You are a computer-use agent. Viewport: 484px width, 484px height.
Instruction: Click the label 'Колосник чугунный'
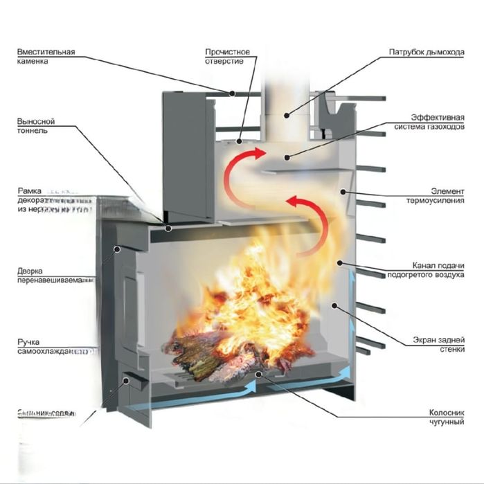(x=445, y=416)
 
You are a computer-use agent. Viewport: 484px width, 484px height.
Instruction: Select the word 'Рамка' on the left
(x=29, y=190)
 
